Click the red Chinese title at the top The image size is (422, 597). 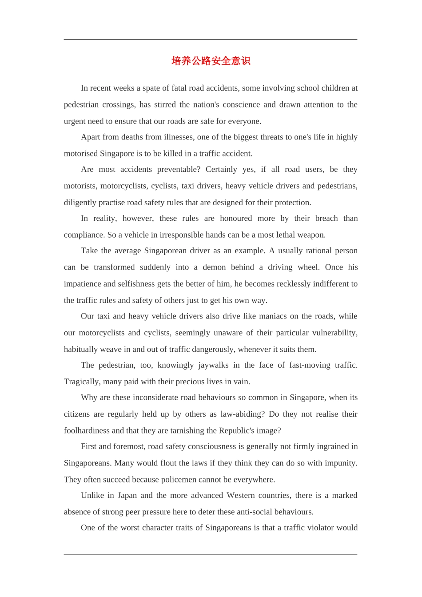tap(211, 61)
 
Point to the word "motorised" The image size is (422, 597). tap(80, 153)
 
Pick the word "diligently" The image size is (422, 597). tap(80, 202)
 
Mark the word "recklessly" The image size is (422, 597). tap(290, 283)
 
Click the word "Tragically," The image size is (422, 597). tap(83, 381)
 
